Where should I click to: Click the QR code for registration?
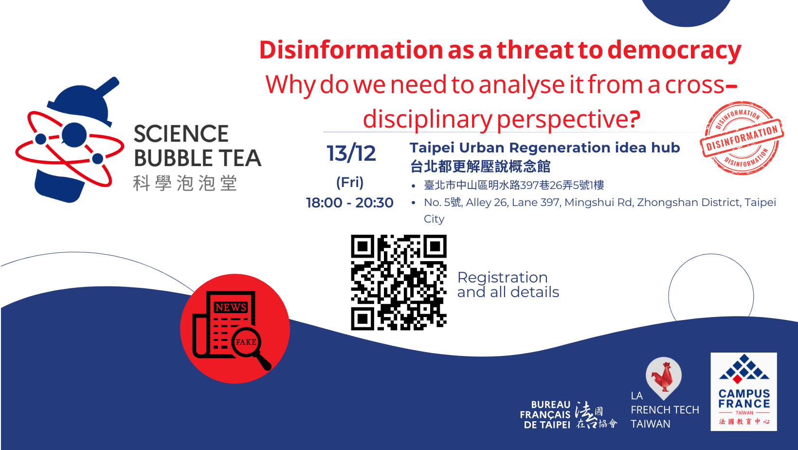point(399,282)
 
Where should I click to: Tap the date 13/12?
point(351,153)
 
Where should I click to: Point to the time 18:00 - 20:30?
point(349,203)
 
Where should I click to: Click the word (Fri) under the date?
point(350,182)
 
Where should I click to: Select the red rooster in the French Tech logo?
point(662,376)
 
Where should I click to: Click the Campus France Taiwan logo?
point(744,392)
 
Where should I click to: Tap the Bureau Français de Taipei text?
point(545,415)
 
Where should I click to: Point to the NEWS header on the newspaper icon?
point(231,307)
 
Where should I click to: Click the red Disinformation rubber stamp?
point(742,138)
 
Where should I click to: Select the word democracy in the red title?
point(674,51)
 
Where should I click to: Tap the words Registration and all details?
point(508,284)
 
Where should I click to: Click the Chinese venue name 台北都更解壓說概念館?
point(480,166)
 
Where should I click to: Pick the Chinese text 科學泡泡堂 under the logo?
point(185,183)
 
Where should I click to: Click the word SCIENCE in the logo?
point(181,134)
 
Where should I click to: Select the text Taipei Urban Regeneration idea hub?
point(544,148)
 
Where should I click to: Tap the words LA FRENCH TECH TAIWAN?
point(665,410)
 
